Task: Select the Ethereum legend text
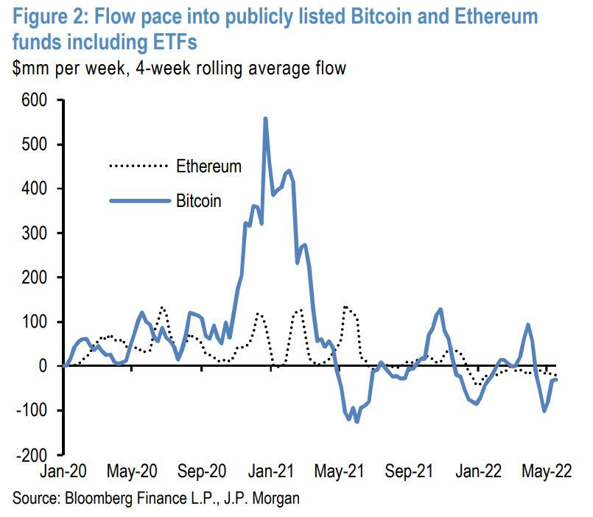pos(208,166)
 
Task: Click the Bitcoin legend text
pos(199,200)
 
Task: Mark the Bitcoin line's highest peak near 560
pos(265,119)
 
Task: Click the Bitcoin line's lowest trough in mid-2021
pos(357,421)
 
